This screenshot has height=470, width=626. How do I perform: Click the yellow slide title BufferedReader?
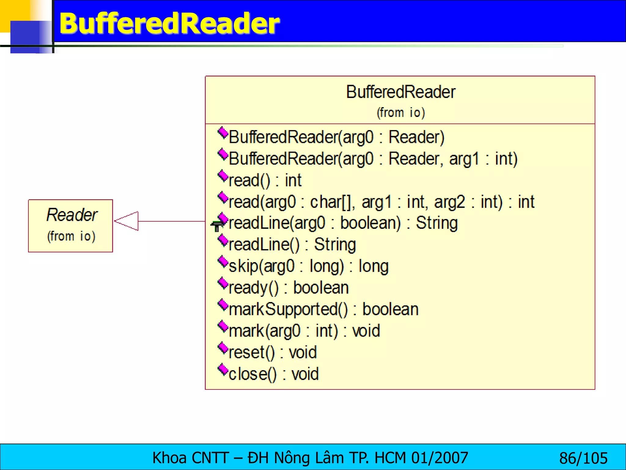tap(169, 23)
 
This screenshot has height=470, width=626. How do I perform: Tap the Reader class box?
tap(71, 226)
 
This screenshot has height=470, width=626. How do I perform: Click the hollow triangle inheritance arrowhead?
tap(127, 221)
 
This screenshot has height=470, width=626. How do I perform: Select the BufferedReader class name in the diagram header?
tap(400, 92)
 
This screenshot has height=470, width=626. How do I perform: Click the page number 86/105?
tap(583, 458)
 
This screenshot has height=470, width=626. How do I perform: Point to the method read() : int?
tap(265, 180)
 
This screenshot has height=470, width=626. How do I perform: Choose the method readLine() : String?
tap(292, 245)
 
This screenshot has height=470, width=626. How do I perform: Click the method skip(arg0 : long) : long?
tap(308, 266)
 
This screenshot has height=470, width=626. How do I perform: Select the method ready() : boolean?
tap(289, 288)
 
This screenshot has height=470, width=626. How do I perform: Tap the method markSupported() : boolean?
tap(323, 309)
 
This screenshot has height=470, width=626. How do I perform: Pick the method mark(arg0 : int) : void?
tap(304, 331)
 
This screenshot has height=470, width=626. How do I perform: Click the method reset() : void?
tap(272, 352)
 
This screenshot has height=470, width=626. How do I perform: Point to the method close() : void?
tap(274, 374)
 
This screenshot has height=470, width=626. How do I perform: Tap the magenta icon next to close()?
tap(223, 370)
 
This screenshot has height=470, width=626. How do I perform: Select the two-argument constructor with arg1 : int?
tap(373, 159)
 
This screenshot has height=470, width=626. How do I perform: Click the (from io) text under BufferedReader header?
tap(400, 113)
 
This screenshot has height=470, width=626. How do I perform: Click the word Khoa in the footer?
tap(169, 458)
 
